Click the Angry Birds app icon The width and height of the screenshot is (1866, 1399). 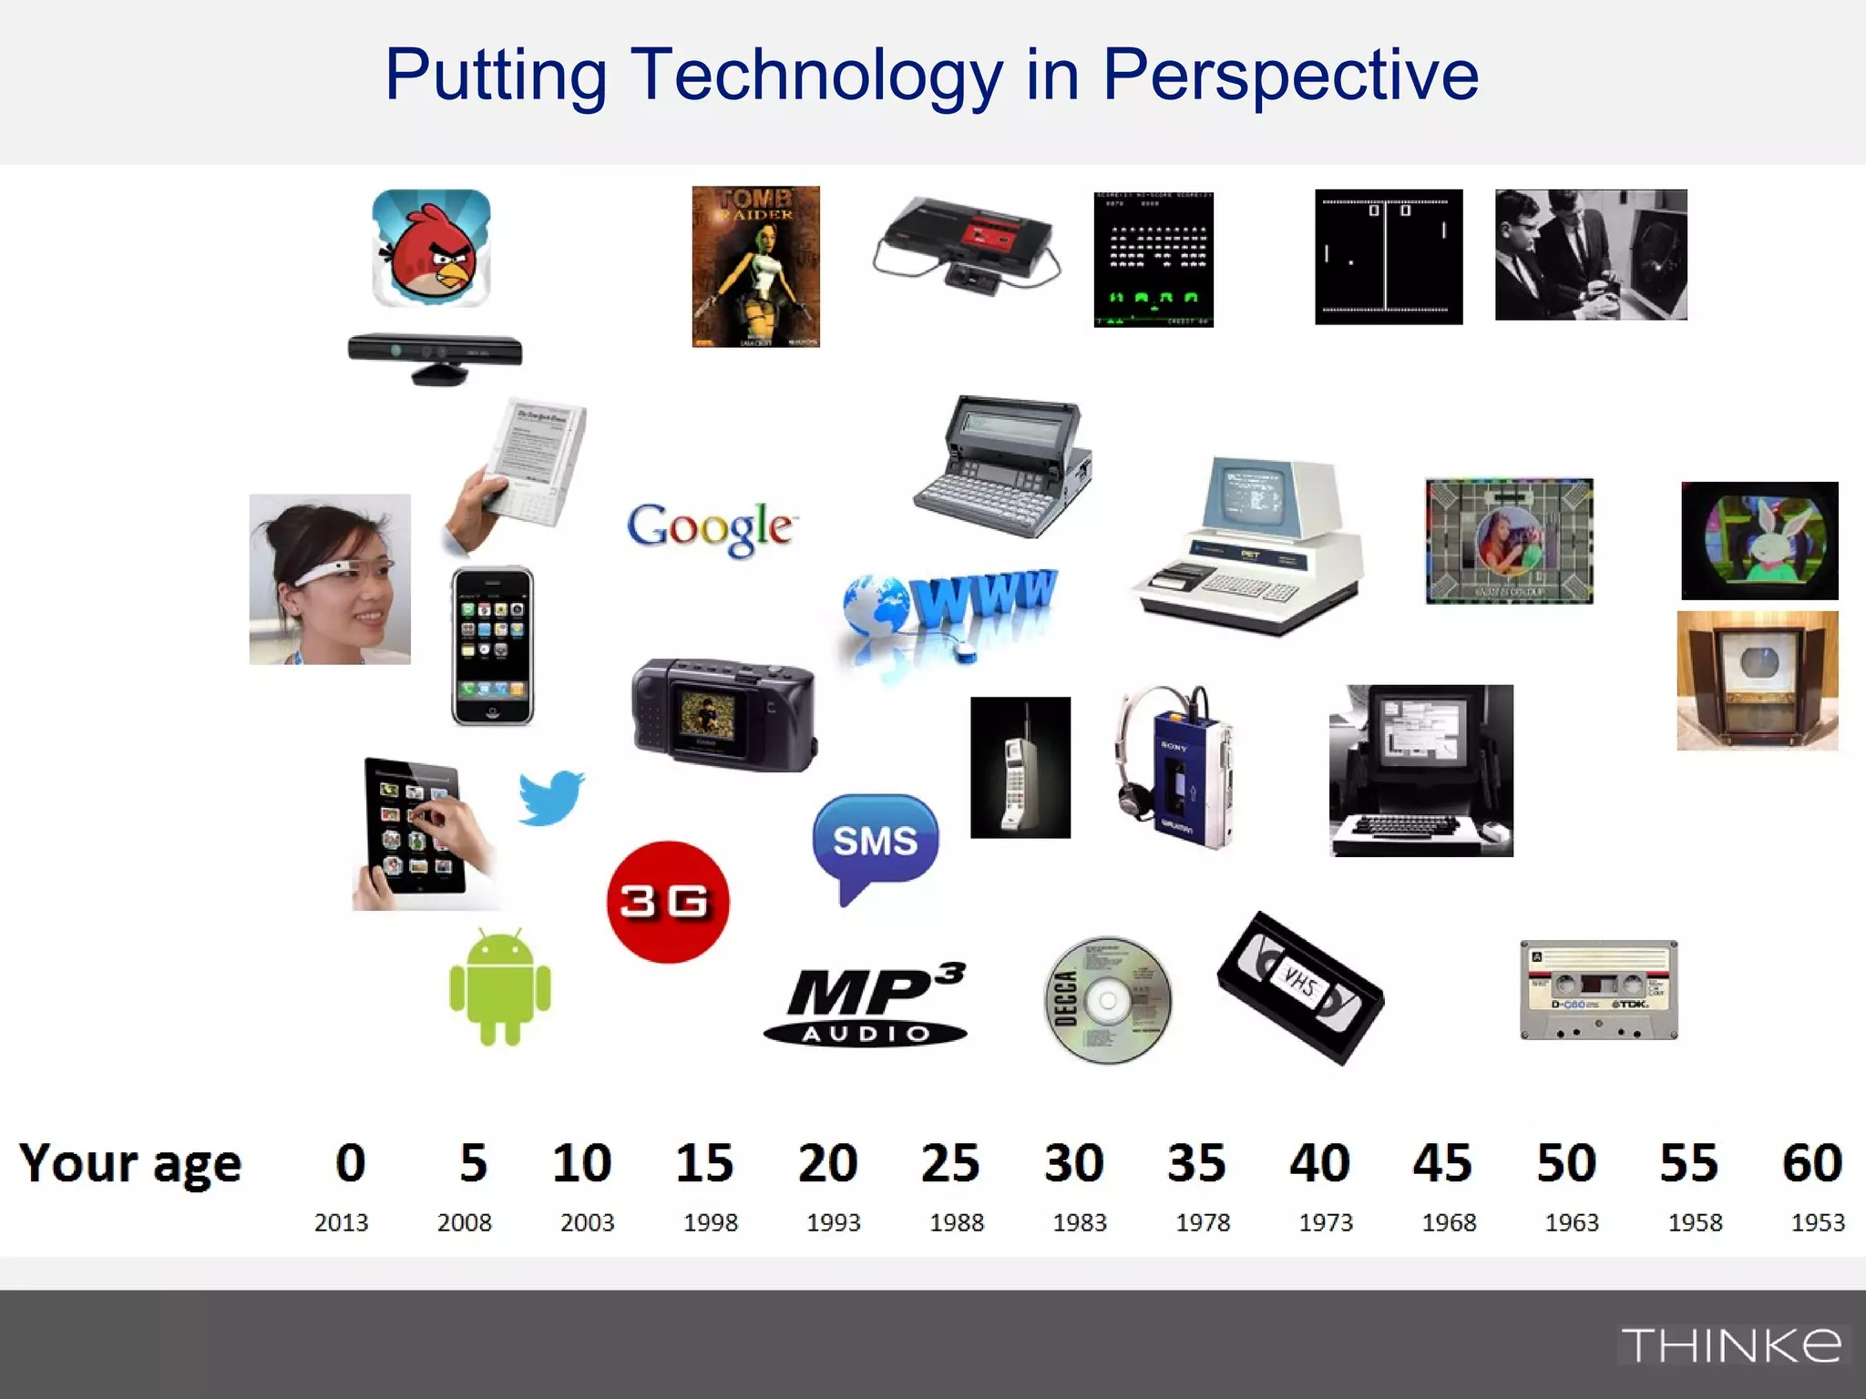click(431, 248)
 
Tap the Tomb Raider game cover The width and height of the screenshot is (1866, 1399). click(755, 267)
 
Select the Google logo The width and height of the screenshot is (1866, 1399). click(711, 527)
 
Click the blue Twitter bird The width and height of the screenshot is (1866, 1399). click(551, 798)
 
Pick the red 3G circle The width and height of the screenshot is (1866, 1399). click(668, 902)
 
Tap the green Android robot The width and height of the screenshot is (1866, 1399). click(500, 987)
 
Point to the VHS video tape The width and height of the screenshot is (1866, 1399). click(1300, 987)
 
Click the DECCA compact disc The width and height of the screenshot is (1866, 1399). click(1107, 999)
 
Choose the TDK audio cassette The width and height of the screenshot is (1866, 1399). click(1599, 990)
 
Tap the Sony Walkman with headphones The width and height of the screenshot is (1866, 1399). click(1175, 768)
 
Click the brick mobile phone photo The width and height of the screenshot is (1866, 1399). click(1020, 768)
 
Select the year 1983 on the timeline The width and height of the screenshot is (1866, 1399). click(1080, 1222)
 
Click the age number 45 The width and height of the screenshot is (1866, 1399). click(1442, 1163)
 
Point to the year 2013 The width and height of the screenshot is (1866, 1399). click(342, 1222)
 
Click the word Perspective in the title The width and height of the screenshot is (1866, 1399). click(1290, 75)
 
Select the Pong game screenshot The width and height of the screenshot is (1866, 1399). click(1389, 257)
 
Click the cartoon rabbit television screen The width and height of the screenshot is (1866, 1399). click(1759, 541)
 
